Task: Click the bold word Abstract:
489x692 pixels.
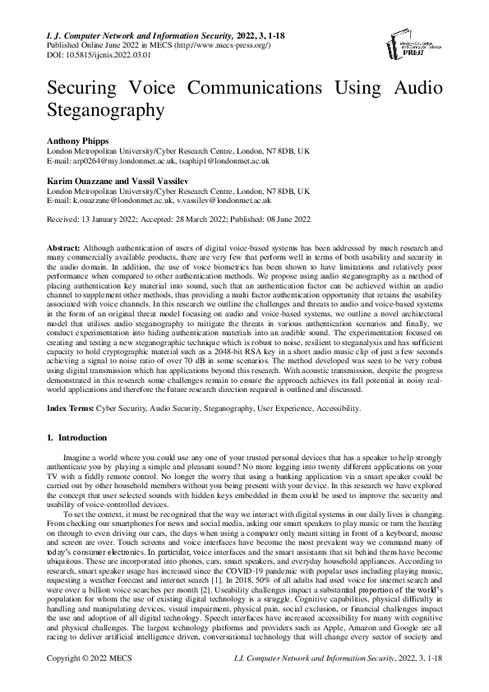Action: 62,247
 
